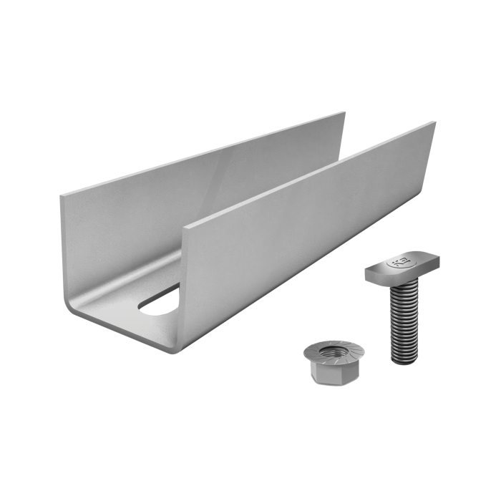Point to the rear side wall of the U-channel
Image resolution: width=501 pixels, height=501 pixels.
coord(200,172)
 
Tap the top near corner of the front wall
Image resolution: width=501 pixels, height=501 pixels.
coord(185,227)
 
